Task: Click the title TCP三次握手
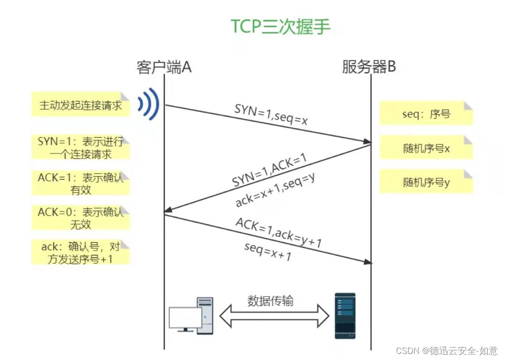pos(280,27)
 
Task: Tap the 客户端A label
pos(164,67)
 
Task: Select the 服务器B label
pos(369,67)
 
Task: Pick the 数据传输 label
pos(271,301)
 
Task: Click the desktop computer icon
pos(191,316)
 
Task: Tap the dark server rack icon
pos(345,316)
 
